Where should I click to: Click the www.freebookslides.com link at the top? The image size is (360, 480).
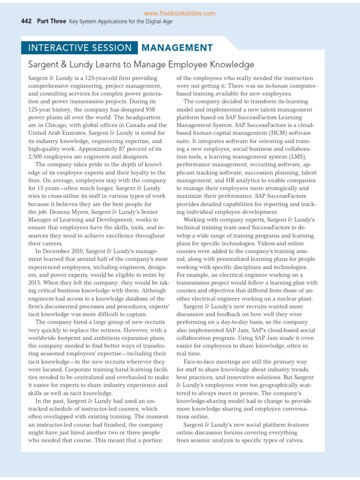(x=180, y=14)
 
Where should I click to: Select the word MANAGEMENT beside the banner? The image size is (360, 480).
(x=177, y=47)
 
